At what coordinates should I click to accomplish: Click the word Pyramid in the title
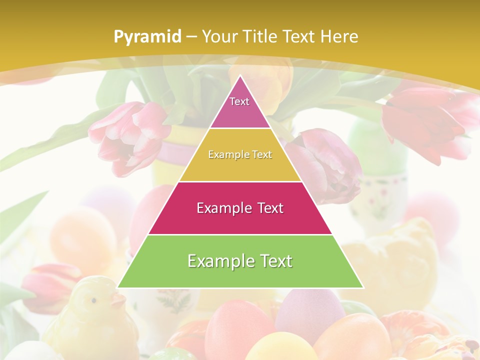pos(147,37)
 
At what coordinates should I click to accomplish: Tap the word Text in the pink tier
pos(239,101)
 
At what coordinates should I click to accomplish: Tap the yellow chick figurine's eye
pos(93,300)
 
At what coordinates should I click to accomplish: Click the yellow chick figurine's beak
pos(118,301)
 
